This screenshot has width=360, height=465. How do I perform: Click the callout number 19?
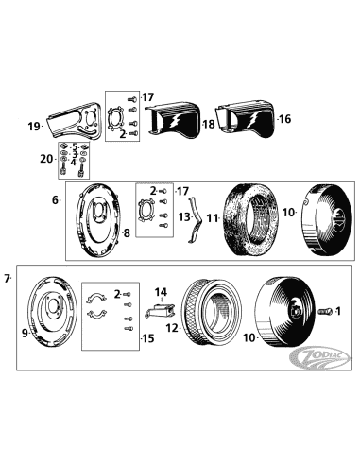coord(33,126)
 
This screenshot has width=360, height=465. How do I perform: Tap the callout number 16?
coord(284,119)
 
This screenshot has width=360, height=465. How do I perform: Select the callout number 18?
coord(209,124)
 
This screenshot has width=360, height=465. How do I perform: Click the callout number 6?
coord(56,200)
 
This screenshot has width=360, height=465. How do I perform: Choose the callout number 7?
coord(9,278)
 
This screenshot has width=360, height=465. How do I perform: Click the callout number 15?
coord(146,337)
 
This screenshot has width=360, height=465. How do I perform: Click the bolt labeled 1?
coord(324,311)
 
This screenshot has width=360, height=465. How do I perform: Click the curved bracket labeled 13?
coord(195,218)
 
